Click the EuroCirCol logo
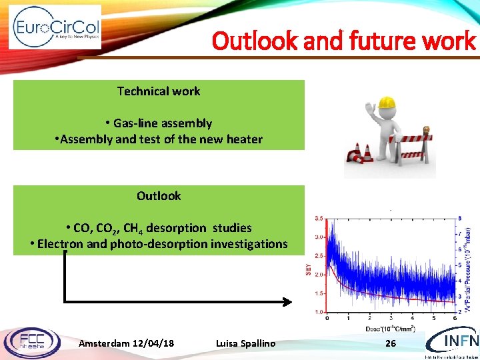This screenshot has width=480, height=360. coord(55,27)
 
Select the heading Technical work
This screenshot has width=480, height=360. coord(159,91)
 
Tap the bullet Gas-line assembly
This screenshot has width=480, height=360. coord(159,123)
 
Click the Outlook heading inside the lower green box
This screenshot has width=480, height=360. coord(159,195)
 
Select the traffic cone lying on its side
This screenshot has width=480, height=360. coord(356,157)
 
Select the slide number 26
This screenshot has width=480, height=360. coord(391,343)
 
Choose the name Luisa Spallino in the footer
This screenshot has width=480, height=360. coord(245,343)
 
